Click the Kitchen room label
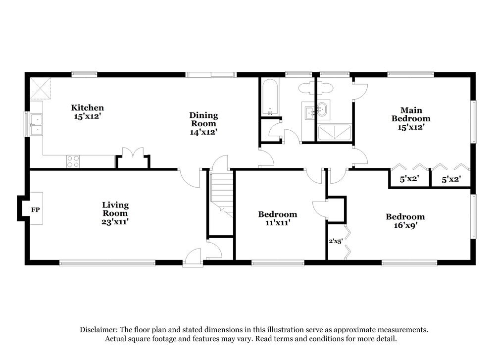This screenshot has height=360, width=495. pos(88,108)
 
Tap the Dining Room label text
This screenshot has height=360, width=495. pos(203,119)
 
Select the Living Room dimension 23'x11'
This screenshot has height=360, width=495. pos(115,221)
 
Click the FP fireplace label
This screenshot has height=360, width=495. pos(35,210)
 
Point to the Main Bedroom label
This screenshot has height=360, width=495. pos(411,114)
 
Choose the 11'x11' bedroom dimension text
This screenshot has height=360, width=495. pos(277,223)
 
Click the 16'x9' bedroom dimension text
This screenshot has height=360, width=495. pos(405,225)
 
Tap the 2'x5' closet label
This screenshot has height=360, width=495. pos(335,242)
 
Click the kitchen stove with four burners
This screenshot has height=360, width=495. pos(73,161)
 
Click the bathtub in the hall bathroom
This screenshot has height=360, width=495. pos(270,97)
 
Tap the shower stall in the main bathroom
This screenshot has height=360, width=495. pos(335,132)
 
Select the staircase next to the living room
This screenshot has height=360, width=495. pos(221,191)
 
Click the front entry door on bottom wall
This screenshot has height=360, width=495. pos(192,257)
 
